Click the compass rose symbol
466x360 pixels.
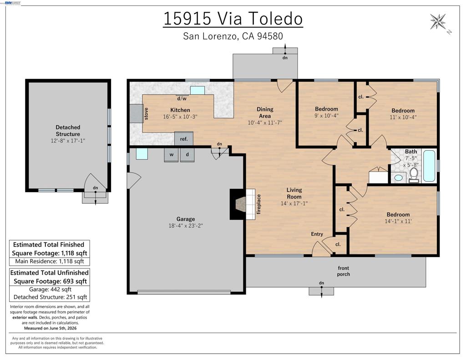pyautogui.click(x=438, y=21)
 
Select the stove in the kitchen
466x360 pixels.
pyautogui.click(x=137, y=113)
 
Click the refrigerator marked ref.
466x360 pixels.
pyautogui.click(x=184, y=138)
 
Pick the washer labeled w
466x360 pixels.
pyautogui.click(x=172, y=155)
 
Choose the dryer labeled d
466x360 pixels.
pyautogui.click(x=187, y=155)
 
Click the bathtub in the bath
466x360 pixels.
pyautogui.click(x=429, y=166)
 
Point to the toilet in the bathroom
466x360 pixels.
pyautogui.click(x=414, y=175)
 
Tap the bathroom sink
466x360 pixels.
pyautogui.click(x=398, y=178)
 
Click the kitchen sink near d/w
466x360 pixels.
pyautogui.click(x=198, y=91)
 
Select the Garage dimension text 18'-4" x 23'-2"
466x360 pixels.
pyautogui.click(x=186, y=226)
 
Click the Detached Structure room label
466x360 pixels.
pyautogui.click(x=68, y=131)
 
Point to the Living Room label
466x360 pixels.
pyautogui.click(x=294, y=193)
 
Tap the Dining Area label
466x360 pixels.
pyautogui.click(x=265, y=113)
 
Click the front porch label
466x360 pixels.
pyautogui.click(x=343, y=271)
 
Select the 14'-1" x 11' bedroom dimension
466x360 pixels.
pyautogui.click(x=398, y=221)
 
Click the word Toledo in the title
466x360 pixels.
pyautogui.click(x=275, y=18)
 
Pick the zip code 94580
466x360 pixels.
pyautogui.click(x=270, y=36)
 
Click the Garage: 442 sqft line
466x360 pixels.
pyautogui.click(x=50, y=289)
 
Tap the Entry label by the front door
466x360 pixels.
pyautogui.click(x=317, y=234)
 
